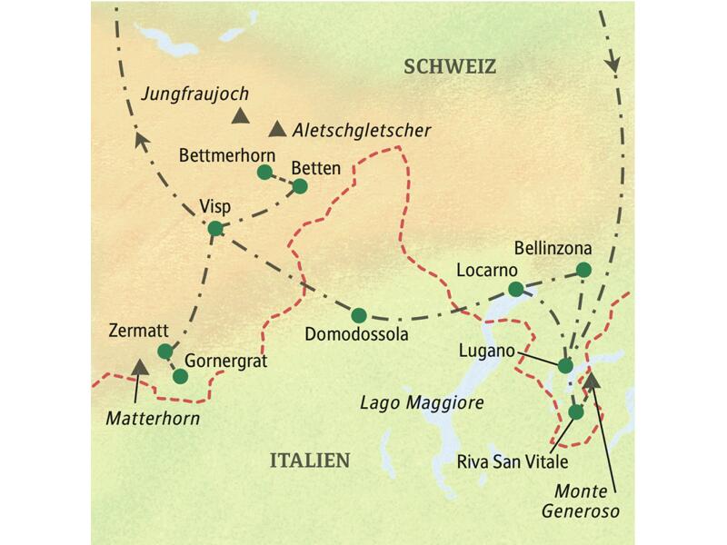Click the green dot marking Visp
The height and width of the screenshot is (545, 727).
pyautogui.click(x=215, y=229)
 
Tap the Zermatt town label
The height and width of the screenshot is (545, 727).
pyautogui.click(x=133, y=331)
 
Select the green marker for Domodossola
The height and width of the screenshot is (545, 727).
pyautogui.click(x=359, y=315)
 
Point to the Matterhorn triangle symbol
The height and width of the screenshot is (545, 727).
pyautogui.click(x=140, y=366)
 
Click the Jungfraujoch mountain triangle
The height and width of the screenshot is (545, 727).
pyautogui.click(x=240, y=114)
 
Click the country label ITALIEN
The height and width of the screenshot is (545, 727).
pyautogui.click(x=309, y=461)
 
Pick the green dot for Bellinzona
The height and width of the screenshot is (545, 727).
pyautogui.click(x=583, y=269)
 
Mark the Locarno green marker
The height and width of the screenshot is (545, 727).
pyautogui.click(x=515, y=289)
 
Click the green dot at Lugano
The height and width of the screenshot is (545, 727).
pyautogui.click(x=565, y=365)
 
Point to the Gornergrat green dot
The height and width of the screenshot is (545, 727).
pyautogui.click(x=180, y=375)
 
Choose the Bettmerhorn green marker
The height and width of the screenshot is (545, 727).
pyautogui.click(x=264, y=172)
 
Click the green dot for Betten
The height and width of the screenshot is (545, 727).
pyautogui.click(x=300, y=186)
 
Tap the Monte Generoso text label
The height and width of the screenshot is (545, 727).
pyautogui.click(x=589, y=502)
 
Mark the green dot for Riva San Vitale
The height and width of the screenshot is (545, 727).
pyautogui.click(x=575, y=411)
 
